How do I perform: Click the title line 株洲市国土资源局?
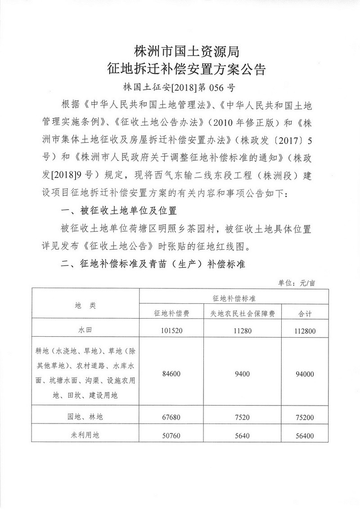180,50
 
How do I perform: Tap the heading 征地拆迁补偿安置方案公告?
180,69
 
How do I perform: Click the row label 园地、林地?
85,417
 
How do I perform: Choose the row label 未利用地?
85,436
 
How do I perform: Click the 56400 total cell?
306,436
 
